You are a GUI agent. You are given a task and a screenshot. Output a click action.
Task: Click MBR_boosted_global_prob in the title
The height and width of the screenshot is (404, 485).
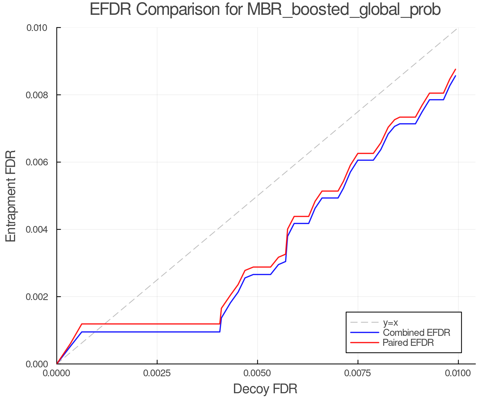pos(344,10)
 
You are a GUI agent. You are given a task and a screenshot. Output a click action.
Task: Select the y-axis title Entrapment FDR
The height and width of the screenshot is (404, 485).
pos(11,196)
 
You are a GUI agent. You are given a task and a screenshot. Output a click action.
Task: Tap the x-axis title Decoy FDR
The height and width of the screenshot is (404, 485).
pos(265,389)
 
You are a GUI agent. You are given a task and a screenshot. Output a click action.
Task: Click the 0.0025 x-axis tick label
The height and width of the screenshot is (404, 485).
pos(157,373)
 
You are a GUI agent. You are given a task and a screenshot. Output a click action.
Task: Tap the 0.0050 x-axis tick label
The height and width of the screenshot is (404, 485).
pos(258,373)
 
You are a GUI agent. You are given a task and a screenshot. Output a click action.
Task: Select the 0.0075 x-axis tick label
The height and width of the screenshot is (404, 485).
pos(358,373)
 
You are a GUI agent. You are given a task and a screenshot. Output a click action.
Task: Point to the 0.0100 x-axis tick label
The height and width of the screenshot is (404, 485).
pos(458,373)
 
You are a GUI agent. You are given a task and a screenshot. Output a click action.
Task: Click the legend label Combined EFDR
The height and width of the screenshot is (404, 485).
pos(417,333)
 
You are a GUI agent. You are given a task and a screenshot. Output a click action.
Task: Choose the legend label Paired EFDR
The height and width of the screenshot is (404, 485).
pos(408,343)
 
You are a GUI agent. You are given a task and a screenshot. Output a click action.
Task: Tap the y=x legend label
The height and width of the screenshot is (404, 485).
pos(390,322)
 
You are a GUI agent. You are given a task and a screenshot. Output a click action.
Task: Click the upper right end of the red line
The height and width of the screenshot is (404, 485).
pos(455,69)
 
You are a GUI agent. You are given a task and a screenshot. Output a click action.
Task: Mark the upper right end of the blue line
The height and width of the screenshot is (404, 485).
pos(455,76)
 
